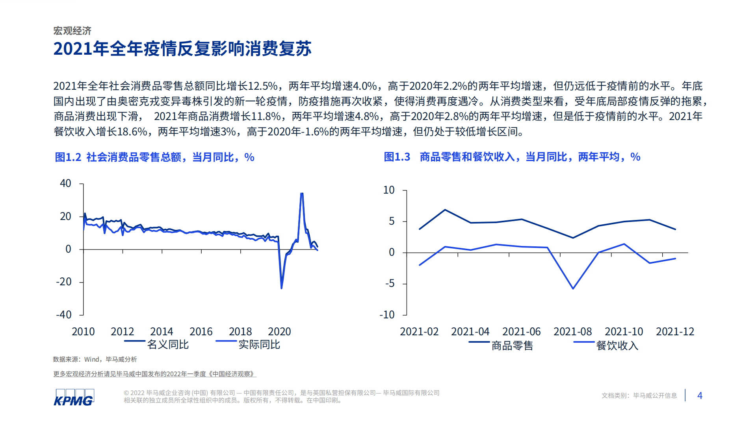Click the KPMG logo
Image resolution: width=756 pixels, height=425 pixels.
[x=74, y=397]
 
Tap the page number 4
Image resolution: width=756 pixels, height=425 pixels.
[x=700, y=395]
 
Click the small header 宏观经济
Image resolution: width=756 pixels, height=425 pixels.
[x=72, y=31]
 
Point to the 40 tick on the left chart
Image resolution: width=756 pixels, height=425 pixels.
[x=65, y=183]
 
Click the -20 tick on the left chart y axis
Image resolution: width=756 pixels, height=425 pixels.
[x=64, y=282]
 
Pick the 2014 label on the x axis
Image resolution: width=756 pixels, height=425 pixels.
[x=162, y=332]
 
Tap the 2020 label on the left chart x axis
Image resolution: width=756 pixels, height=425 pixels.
[x=279, y=332]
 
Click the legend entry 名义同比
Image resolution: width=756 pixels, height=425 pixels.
[x=167, y=345]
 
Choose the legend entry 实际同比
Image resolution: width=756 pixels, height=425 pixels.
[x=259, y=345]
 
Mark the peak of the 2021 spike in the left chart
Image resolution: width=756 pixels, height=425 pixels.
[x=302, y=194]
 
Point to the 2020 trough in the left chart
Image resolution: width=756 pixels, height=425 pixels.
[x=281, y=288]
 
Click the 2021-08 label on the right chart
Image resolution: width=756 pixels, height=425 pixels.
[x=572, y=332]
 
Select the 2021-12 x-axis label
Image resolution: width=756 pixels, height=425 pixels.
[x=675, y=332]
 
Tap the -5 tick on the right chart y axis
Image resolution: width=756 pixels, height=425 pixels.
[x=390, y=283]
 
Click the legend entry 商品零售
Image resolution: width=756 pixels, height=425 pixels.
[x=512, y=346]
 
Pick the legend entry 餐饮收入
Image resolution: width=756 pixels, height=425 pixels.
[x=617, y=346]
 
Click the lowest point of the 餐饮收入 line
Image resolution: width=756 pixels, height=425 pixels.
[x=573, y=288]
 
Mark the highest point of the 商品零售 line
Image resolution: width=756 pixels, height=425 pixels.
[x=445, y=210]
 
